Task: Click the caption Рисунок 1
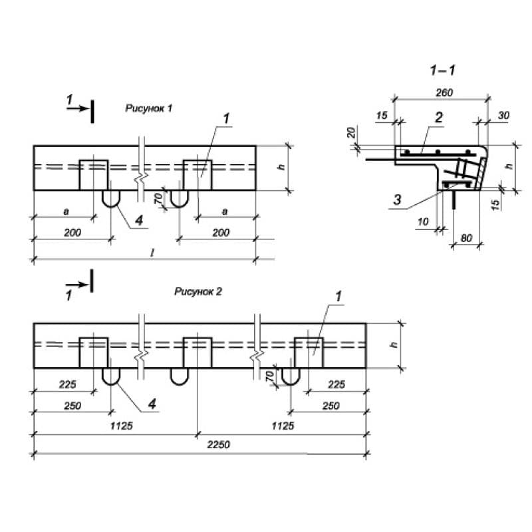click(149, 108)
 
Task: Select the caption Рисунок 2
click(198, 291)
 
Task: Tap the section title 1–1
click(443, 70)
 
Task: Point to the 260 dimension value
click(443, 93)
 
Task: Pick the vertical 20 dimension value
click(351, 133)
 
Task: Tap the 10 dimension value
click(424, 223)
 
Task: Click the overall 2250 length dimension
click(217, 445)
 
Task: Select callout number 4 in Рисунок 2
click(151, 403)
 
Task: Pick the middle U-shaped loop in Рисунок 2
click(179, 376)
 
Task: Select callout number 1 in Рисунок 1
click(227, 118)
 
